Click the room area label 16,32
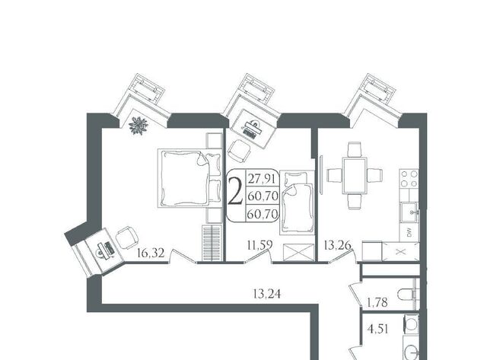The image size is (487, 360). [x=151, y=253]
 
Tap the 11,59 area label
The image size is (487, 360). [x=260, y=245]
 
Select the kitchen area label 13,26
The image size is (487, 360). [x=338, y=245]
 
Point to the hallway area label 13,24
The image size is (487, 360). [x=267, y=294]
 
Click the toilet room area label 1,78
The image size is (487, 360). [x=377, y=302]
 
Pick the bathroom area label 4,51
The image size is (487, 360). [x=378, y=329]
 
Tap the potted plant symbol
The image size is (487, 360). [x=138, y=125]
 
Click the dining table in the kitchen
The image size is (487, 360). [x=355, y=176]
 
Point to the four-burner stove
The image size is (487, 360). [x=409, y=179]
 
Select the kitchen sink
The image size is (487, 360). [x=409, y=212]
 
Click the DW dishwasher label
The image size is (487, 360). [x=409, y=231]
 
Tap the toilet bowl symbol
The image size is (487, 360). [x=408, y=294]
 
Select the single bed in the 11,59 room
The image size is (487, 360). [x=298, y=202]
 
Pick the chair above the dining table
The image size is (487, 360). [x=355, y=149]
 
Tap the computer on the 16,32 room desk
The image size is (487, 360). [x=105, y=250]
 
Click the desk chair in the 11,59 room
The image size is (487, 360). [x=239, y=151]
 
